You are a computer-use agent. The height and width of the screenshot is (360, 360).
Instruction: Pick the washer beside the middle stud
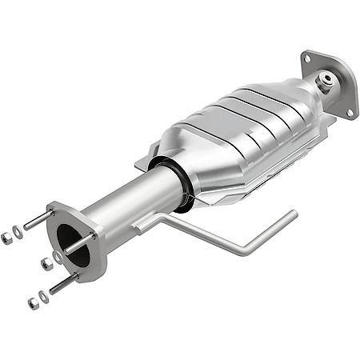[58, 258]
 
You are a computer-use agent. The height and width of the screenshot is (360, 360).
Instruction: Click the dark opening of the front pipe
[70, 242]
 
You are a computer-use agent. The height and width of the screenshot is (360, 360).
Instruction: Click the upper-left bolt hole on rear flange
[307, 58]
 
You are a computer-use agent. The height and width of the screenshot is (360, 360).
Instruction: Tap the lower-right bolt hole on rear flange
[349, 113]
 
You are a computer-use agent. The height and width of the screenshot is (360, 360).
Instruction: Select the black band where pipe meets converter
[180, 184]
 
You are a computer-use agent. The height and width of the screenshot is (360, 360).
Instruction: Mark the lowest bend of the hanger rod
[244, 250]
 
